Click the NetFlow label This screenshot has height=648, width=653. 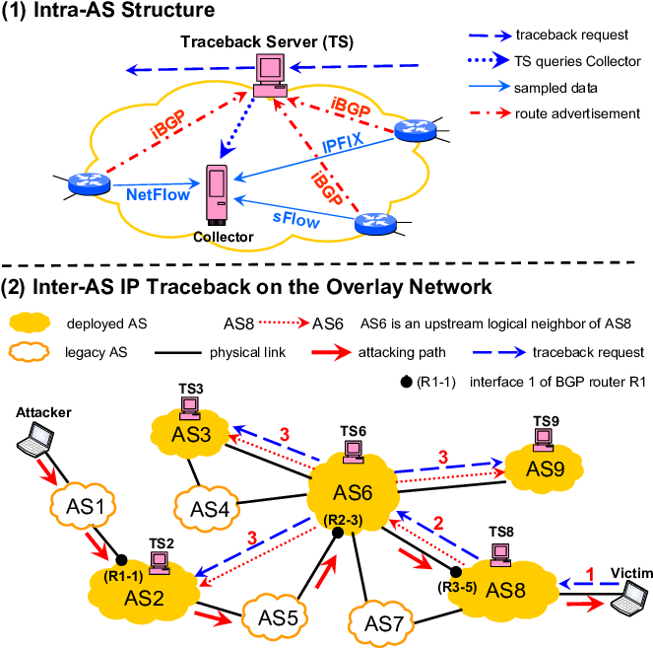click(158, 195)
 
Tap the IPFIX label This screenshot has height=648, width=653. click(343, 147)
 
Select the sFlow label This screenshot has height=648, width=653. click(296, 219)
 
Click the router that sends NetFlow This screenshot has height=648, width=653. click(89, 182)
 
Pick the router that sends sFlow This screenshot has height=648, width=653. click(375, 224)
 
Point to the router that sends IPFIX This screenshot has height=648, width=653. click(415, 129)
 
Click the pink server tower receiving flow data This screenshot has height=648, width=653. click(217, 193)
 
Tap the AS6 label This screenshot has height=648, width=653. click(353, 493)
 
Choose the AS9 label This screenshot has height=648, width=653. click(545, 468)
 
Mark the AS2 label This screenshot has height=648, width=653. click(144, 598)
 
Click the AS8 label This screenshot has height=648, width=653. click(506, 591)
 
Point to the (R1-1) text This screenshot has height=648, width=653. click(123, 575)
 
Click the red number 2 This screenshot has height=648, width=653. click(439, 523)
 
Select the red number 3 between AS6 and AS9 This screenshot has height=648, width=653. click(442, 457)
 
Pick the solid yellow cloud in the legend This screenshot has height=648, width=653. click(30, 322)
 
